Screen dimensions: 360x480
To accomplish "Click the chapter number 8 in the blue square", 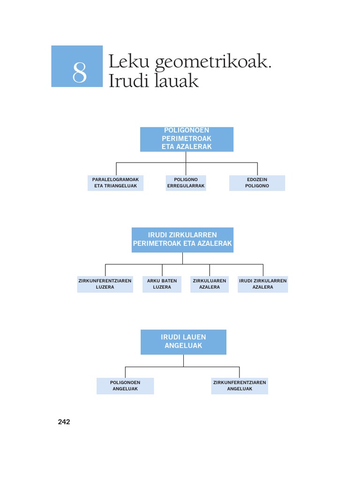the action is pos(80,72).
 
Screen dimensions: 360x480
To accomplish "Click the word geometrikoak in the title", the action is pos(213,62).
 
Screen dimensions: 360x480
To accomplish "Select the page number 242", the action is pos(64,422).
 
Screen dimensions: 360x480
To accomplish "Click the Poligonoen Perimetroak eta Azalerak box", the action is pos(187,139).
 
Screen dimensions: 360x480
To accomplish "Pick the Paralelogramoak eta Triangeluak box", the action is pos(115,183).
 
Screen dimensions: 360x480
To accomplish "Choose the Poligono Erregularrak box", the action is pos(186,183).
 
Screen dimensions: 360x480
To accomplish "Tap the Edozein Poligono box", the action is pos(257,183).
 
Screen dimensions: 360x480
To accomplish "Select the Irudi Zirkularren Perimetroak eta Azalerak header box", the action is pos(182,240).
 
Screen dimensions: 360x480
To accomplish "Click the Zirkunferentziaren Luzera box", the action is pos(105,284).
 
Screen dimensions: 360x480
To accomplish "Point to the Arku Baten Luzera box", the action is pos(162,284).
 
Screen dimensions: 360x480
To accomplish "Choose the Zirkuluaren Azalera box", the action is pos(210,284).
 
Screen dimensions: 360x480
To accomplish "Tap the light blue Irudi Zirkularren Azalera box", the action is pos(262,284).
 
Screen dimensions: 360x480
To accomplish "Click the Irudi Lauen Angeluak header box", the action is pos(183,342).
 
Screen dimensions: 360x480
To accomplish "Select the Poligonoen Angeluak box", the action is pos(125,386).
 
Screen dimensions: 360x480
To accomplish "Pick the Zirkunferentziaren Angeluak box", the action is pos(240,386).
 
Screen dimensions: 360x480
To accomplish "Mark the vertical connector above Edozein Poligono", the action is pos(257,169).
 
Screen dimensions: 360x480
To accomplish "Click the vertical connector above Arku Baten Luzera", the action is pos(162,270).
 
